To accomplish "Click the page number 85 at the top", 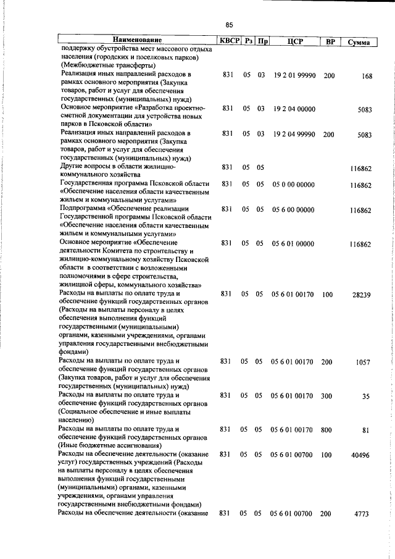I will click(x=229, y=25).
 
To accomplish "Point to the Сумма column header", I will click(x=359, y=42).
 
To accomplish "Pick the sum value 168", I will click(x=367, y=76).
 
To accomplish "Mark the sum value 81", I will click(x=366, y=431).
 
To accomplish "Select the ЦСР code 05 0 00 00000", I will click(x=293, y=184).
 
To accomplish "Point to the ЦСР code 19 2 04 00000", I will click(x=293, y=109).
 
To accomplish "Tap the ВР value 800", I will click(x=327, y=429).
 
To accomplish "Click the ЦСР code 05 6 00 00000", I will click(x=293, y=209).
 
